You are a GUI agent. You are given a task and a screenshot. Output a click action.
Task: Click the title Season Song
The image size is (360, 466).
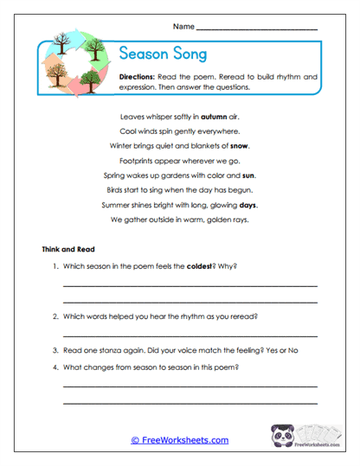click(x=162, y=54)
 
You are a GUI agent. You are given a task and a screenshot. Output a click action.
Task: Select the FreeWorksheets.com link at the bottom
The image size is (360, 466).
click(x=180, y=440)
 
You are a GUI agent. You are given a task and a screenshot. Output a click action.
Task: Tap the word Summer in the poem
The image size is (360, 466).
click(x=117, y=206)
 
